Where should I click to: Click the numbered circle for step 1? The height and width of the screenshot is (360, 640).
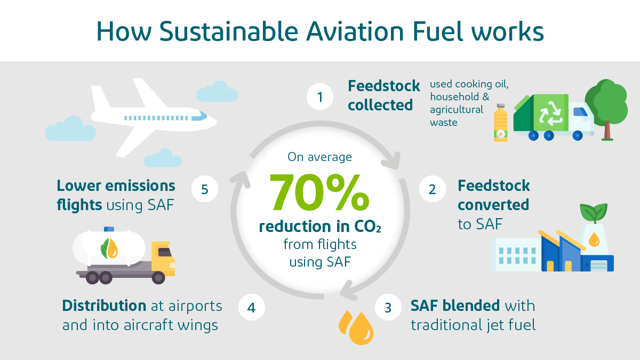pos(320,97)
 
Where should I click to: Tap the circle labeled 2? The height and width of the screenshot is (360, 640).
pos(432,189)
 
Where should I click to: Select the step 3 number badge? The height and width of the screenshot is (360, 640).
pos(388,308)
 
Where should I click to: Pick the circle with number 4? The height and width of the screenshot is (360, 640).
pos(251,308)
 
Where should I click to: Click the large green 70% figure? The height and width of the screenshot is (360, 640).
pos(319,192)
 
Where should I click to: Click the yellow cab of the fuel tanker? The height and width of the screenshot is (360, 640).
pos(163,258)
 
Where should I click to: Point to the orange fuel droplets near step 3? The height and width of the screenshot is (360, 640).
pos(356,326)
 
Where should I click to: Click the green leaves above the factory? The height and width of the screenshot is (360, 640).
pos(592,213)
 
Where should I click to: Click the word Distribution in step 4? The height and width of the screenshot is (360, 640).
pos(104,306)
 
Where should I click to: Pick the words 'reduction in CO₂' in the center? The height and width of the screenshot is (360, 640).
pos(320,227)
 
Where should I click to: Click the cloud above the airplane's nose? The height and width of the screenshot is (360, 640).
pos(217,92)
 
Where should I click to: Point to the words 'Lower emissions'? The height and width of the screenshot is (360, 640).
pos(116,186)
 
